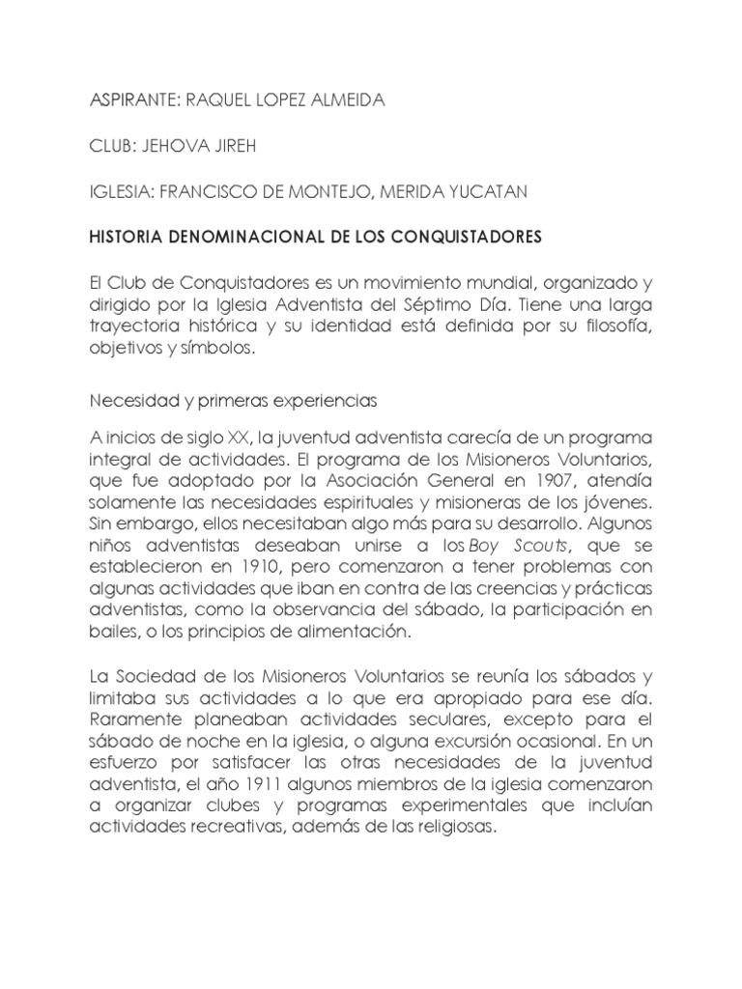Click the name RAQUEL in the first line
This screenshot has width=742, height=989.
pos(213,101)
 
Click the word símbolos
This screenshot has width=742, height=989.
pos(221,351)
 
